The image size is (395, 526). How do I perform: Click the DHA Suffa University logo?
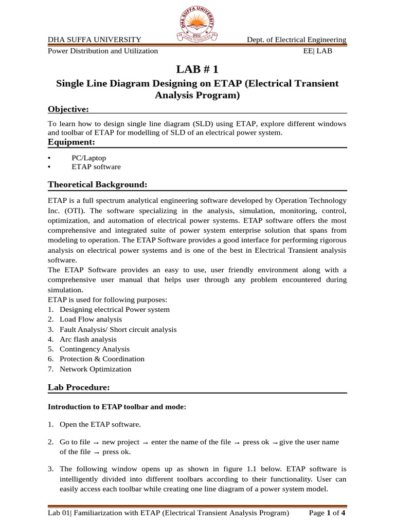(x=197, y=23)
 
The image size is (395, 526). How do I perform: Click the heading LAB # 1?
(x=197, y=69)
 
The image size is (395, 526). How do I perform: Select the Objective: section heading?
(x=68, y=109)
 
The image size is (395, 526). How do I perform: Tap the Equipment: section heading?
(x=71, y=142)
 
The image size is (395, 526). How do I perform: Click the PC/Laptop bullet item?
(x=88, y=158)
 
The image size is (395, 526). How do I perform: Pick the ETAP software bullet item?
(x=96, y=167)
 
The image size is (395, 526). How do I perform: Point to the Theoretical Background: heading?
(x=98, y=184)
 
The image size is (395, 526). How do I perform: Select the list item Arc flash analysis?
(x=88, y=339)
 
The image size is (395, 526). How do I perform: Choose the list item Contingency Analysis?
(x=95, y=349)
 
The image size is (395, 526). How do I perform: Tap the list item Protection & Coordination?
(x=102, y=359)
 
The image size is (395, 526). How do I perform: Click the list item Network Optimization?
(x=95, y=369)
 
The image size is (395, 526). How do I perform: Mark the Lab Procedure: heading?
(x=79, y=387)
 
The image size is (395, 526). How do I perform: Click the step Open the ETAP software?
(x=100, y=424)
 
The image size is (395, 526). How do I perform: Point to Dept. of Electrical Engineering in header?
(x=296, y=40)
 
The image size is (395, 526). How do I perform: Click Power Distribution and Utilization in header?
(x=103, y=51)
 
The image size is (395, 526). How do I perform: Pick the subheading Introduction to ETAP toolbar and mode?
(x=117, y=407)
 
